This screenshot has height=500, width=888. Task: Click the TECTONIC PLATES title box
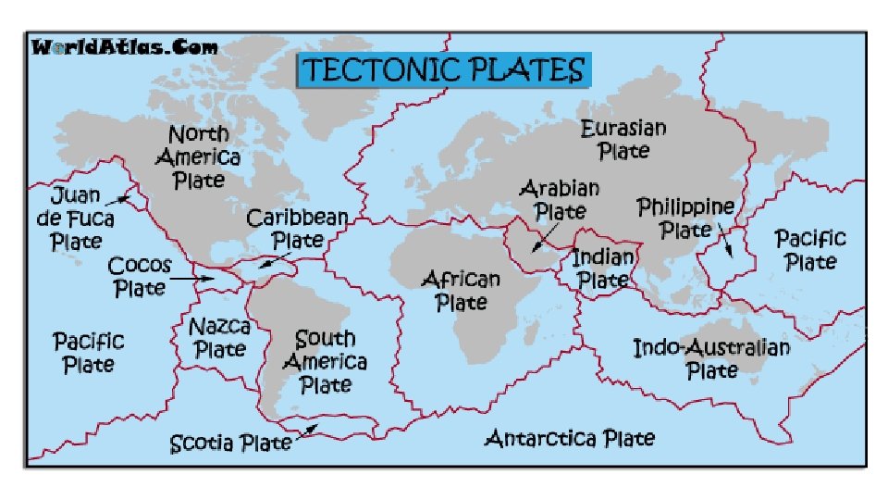click(x=444, y=70)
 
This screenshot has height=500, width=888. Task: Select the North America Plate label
click(x=198, y=157)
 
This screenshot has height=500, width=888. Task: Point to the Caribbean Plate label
click(x=297, y=229)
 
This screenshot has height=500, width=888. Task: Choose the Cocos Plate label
click(x=139, y=277)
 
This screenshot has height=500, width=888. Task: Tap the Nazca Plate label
click(x=219, y=337)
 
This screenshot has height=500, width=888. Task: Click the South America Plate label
click(x=325, y=361)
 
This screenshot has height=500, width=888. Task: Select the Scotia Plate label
click(x=230, y=444)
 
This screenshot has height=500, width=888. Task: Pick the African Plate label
click(x=460, y=290)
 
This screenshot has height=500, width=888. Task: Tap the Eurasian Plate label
click(x=623, y=138)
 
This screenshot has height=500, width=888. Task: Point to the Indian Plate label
click(x=603, y=268)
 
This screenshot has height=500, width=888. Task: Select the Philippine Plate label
click(x=686, y=219)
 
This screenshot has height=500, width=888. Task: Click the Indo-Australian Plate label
click(x=710, y=359)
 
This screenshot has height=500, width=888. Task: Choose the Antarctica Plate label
click(x=570, y=437)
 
